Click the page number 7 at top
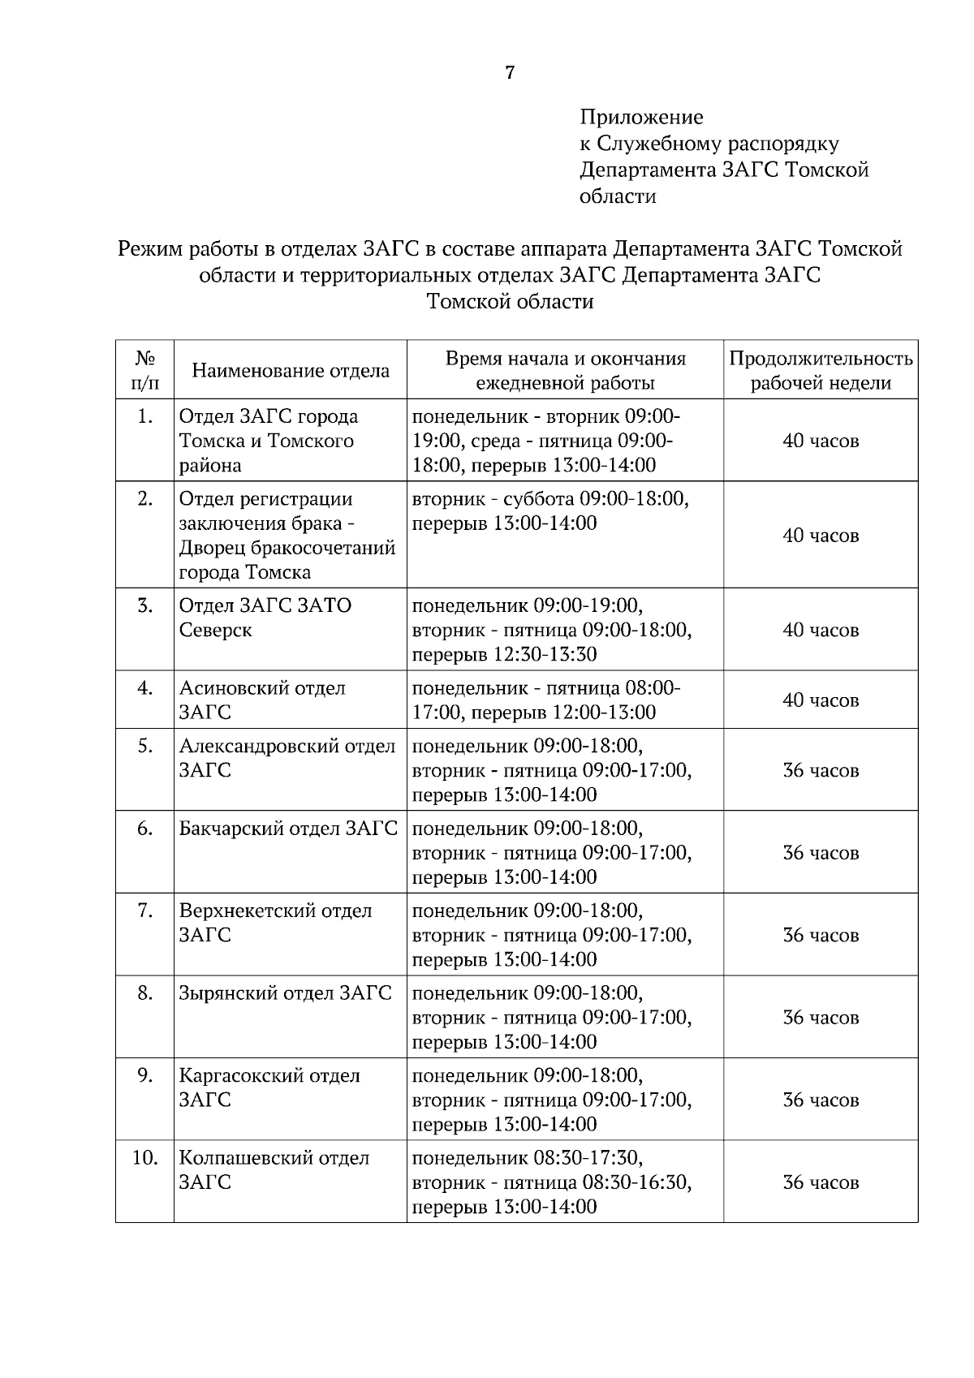510,73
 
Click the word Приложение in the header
641,118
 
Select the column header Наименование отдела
291,371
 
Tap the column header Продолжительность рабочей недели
821,371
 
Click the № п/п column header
144,370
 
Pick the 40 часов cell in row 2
821,536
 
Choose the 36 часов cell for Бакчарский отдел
821,853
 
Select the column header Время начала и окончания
565,371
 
